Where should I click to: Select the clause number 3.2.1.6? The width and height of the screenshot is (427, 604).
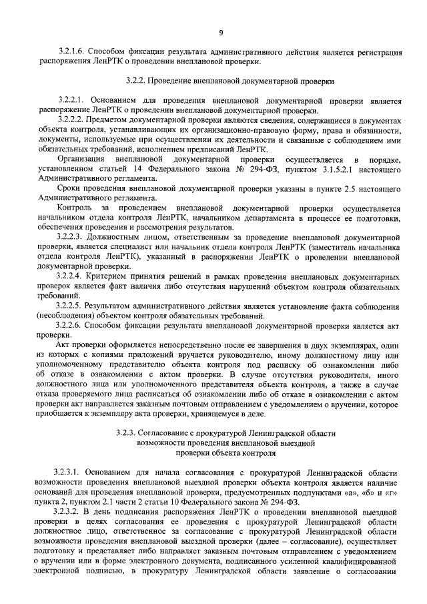point(71,52)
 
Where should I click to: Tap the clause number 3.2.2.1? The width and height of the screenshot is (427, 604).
point(71,100)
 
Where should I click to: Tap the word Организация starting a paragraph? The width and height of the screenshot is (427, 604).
point(81,160)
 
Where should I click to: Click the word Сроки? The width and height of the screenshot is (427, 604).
point(69,190)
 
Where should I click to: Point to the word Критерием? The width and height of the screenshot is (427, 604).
point(115,276)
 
